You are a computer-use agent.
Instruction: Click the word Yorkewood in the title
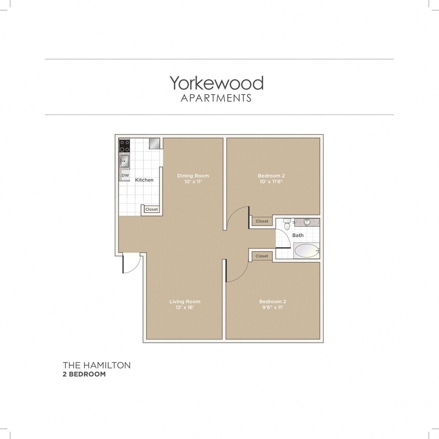216,83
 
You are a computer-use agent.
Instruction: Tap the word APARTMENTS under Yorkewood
216,98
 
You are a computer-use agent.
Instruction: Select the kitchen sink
124,160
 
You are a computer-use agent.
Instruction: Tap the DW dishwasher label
125,176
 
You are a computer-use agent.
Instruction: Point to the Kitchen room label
144,180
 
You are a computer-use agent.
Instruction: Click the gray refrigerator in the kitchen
154,143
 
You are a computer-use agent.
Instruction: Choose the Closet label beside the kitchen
151,210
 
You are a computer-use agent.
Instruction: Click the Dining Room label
192,176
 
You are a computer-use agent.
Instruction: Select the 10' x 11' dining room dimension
192,182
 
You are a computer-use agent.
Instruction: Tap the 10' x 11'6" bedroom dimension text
271,182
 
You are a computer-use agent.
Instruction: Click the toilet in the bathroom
287,225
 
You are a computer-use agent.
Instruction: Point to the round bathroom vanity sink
307,222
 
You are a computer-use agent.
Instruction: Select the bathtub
306,251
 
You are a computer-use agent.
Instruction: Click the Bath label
298,235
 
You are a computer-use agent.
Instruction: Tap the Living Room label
185,302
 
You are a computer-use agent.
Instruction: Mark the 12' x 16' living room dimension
185,308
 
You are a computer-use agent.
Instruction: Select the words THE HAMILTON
97,365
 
